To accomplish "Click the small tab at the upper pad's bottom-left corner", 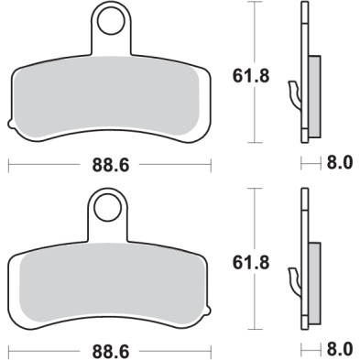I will [10, 124].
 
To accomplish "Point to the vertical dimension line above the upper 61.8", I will [252, 32].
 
